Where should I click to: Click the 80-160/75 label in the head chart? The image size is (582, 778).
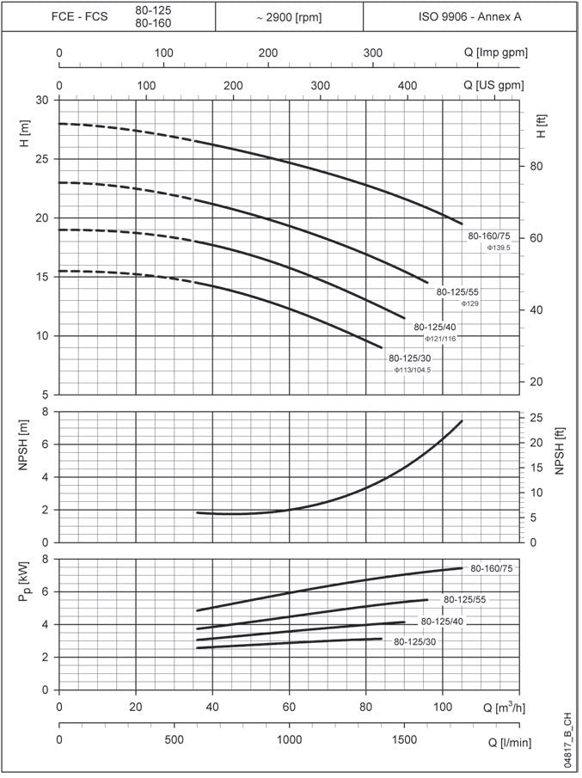point(488,236)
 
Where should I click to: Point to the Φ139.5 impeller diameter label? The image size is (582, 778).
point(499,248)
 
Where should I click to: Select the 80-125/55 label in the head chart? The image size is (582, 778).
point(456,292)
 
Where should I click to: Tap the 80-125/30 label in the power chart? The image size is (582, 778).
point(415,641)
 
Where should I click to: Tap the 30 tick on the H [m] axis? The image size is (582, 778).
point(42,101)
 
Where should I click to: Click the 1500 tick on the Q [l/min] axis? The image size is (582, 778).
point(404,740)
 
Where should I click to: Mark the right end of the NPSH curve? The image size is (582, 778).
point(462,421)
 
